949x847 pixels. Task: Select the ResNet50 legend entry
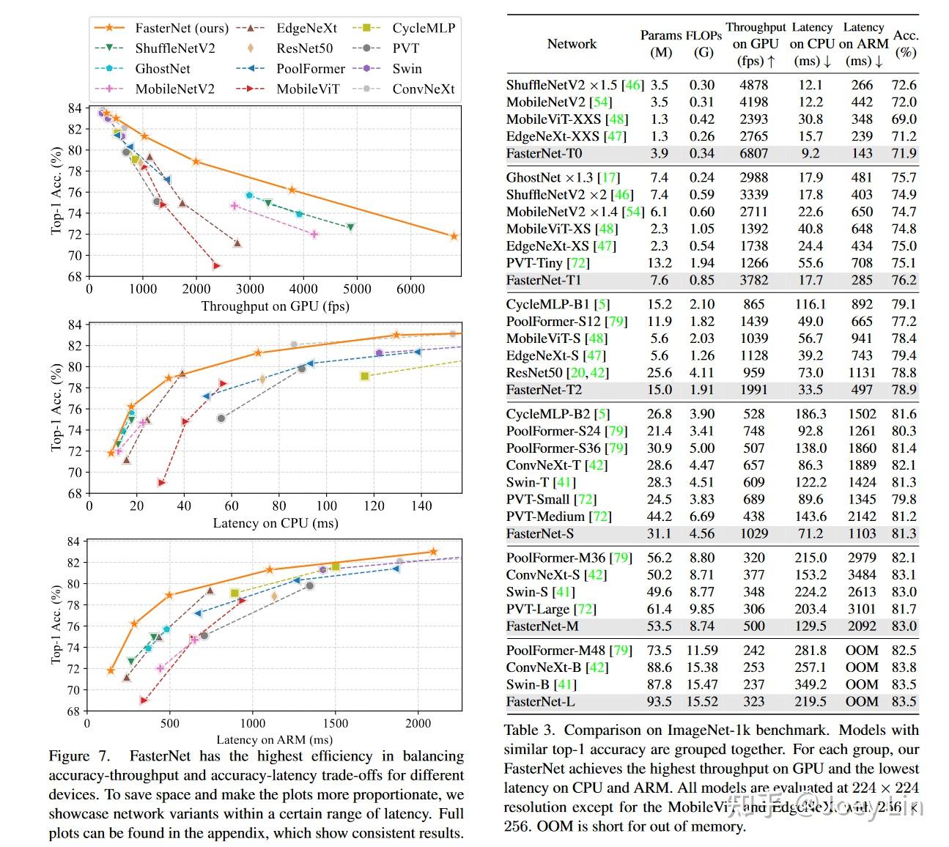(x=303, y=48)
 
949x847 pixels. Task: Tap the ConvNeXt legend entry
(x=423, y=89)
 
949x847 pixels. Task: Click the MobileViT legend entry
(x=307, y=89)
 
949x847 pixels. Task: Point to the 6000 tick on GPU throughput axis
(x=410, y=289)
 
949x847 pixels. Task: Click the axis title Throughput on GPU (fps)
(x=275, y=306)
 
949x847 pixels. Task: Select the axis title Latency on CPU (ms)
(x=275, y=523)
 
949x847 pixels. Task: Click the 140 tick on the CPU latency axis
(x=421, y=506)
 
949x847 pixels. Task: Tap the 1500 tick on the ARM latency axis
(x=335, y=723)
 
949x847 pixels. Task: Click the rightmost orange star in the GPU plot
(x=454, y=236)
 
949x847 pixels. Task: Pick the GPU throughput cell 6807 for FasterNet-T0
(x=753, y=153)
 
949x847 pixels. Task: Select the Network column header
(x=572, y=44)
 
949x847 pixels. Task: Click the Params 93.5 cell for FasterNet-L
(x=659, y=702)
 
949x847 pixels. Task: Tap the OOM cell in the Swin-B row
(x=862, y=684)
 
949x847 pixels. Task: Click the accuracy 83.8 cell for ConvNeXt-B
(x=904, y=667)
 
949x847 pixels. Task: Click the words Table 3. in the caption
(x=531, y=731)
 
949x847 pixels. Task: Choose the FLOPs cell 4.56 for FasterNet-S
(x=701, y=533)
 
